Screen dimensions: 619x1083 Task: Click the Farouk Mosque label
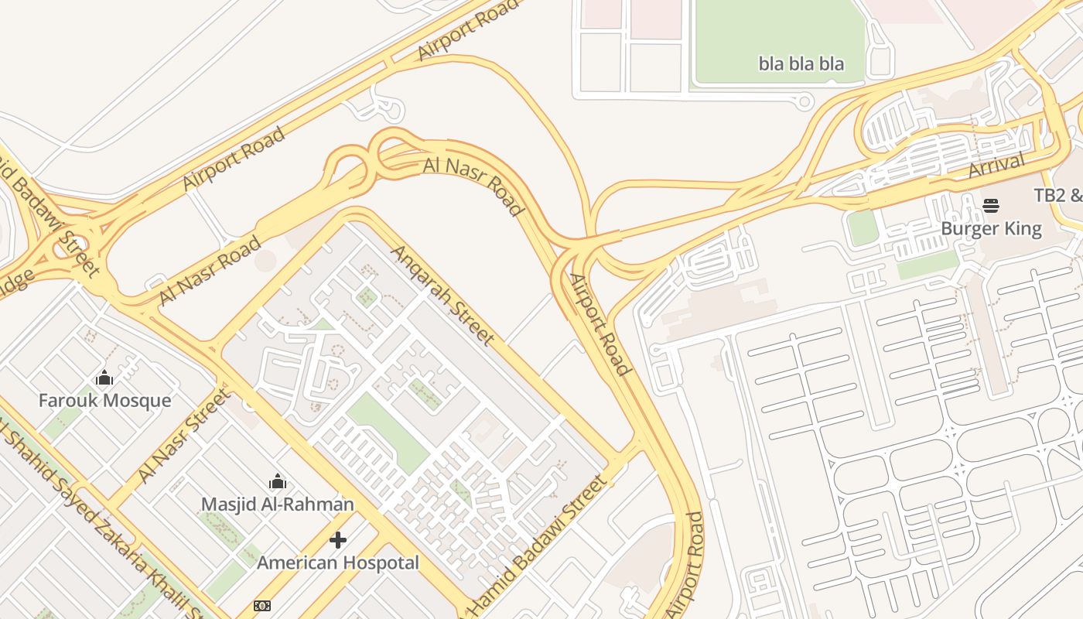(104, 400)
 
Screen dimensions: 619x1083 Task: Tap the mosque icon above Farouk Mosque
(104, 378)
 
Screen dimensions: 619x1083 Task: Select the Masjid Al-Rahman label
(277, 504)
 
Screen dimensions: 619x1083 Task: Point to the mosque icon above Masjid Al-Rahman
(277, 483)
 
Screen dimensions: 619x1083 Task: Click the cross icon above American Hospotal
(338, 540)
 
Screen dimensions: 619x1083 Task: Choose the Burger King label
(991, 229)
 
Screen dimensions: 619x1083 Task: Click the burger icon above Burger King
(991, 206)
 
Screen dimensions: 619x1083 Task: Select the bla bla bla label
(801, 63)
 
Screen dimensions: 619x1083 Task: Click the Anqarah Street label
(442, 295)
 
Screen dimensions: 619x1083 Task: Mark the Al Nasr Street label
(183, 436)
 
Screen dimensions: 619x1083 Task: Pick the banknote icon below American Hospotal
(262, 606)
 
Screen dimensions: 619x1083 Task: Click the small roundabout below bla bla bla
(805, 101)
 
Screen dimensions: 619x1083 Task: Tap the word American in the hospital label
(296, 563)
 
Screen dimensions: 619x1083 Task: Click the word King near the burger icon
(1023, 229)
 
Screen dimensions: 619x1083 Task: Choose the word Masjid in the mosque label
(227, 504)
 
